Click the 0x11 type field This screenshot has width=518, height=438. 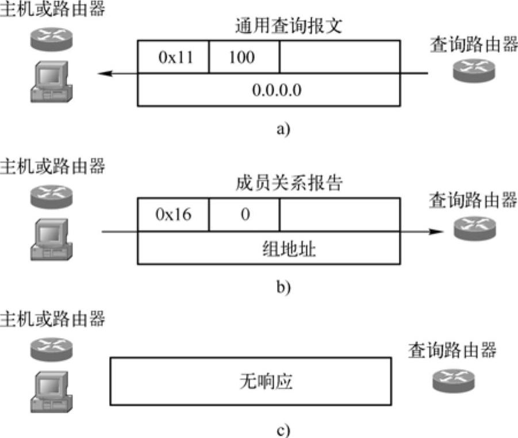point(173,57)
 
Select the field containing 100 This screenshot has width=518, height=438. point(244,57)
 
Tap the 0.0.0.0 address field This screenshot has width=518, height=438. point(269,90)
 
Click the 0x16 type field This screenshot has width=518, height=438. point(173,215)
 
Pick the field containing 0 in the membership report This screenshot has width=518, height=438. point(244,215)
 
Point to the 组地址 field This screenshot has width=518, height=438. point(269,249)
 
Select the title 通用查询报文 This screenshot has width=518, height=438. point(289,26)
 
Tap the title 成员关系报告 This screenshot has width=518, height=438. point(289,184)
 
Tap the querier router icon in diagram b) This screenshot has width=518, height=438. point(470,228)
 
